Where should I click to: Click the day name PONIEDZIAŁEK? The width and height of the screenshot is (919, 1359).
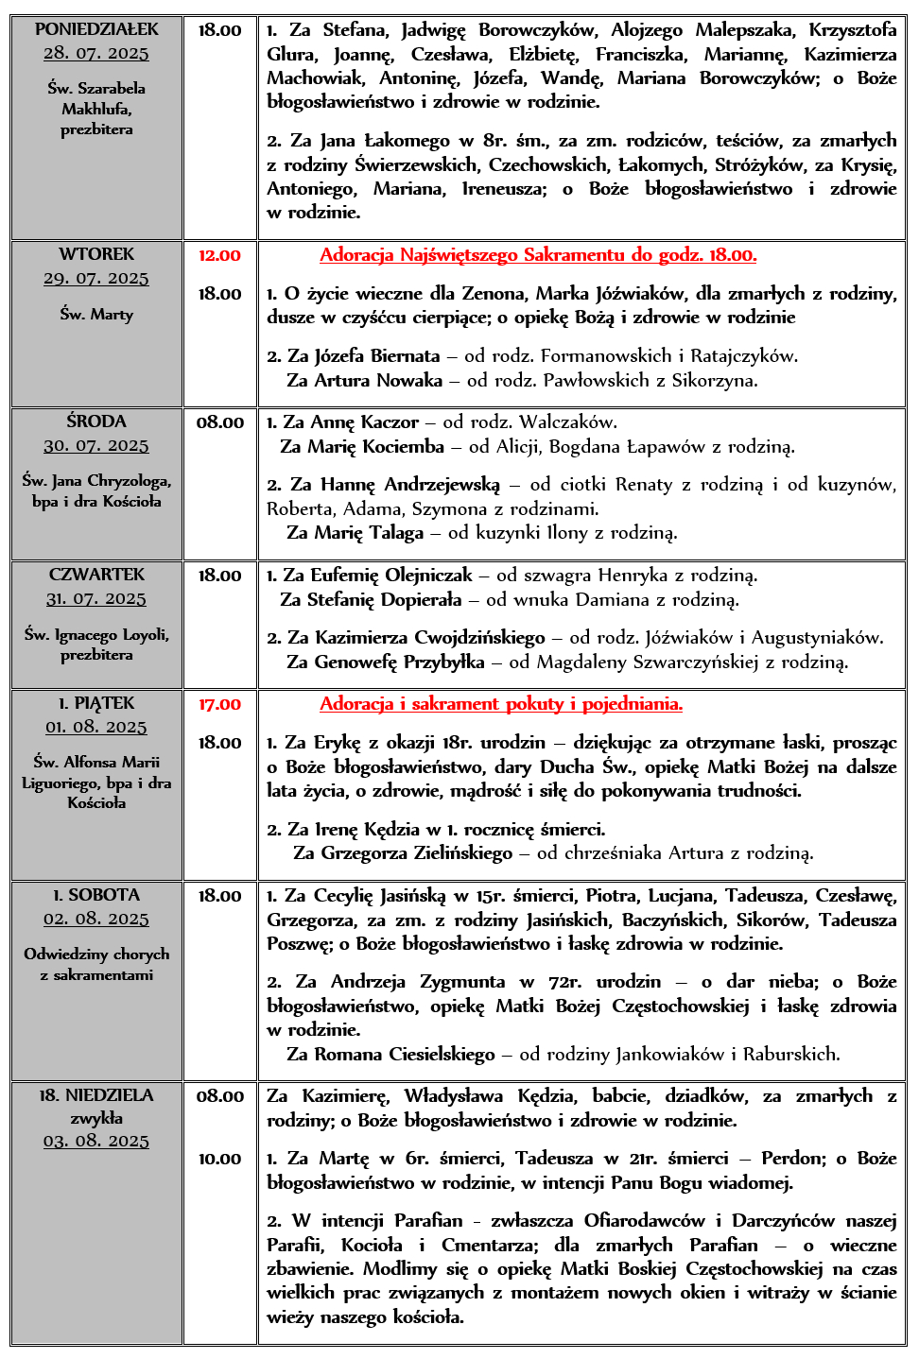pos(96,29)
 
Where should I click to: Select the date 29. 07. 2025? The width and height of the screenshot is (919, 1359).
pos(96,278)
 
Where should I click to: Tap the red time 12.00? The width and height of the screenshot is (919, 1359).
pos(219,255)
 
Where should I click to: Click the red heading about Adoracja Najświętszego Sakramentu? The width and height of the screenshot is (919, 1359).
pos(537,255)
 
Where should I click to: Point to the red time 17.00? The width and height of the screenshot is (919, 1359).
pos(219,704)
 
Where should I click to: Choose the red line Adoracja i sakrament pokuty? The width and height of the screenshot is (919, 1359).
pos(500,704)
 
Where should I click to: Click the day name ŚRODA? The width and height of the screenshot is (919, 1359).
pos(96,421)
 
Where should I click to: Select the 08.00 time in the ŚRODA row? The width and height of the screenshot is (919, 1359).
pos(219,422)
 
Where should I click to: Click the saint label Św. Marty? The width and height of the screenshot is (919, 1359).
pos(96,314)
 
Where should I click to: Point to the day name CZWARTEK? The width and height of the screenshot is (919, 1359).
pos(96,575)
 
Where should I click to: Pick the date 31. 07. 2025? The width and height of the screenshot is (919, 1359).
pos(96,598)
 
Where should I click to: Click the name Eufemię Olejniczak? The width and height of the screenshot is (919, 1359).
pos(390,576)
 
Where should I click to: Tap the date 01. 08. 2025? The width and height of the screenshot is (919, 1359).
pos(96,727)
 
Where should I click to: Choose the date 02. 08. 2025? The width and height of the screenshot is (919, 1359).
pos(96,919)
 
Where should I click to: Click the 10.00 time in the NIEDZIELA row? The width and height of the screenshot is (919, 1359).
pos(219,1159)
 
